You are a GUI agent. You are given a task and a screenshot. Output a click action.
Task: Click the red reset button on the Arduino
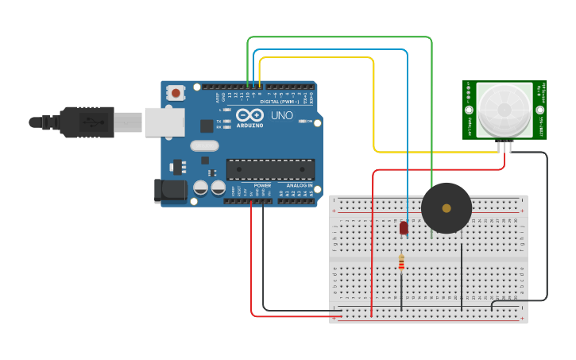coord(176,93)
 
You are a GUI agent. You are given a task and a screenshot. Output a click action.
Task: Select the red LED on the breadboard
coord(404,228)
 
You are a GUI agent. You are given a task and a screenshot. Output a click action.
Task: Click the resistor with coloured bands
coord(401,261)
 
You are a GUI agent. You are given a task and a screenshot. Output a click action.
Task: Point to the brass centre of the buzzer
coord(446,208)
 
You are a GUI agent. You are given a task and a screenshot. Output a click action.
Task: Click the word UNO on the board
coord(282,115)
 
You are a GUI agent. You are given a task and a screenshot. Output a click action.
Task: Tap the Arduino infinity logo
coord(249,115)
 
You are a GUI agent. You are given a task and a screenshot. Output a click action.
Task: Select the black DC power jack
coord(169,190)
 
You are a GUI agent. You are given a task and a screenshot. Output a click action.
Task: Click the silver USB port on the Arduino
coord(164,122)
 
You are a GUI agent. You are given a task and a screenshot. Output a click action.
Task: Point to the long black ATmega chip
coord(270,169)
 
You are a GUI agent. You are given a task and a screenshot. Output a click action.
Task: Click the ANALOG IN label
coord(299,185)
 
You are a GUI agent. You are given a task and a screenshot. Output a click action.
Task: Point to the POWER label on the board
coord(262,185)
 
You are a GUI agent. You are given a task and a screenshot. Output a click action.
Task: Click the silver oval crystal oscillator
coord(204,145)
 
